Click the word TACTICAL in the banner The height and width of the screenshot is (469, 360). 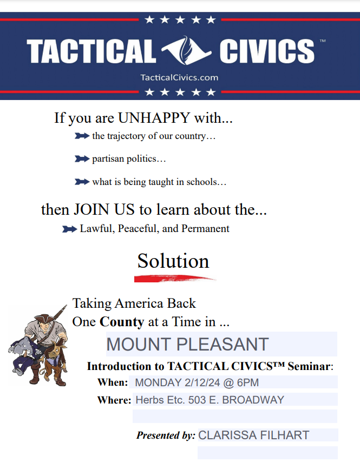[x=91, y=51]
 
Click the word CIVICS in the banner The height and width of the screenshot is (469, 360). [x=267, y=51]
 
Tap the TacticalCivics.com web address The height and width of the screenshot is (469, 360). [x=180, y=78]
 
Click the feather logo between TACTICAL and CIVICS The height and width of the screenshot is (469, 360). [x=186, y=50]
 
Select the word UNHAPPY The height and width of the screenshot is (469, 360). [x=154, y=118]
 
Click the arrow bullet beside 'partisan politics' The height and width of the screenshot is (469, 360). [x=82, y=158]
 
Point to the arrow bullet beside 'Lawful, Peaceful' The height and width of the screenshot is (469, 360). [x=70, y=229]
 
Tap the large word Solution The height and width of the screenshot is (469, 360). [x=173, y=261]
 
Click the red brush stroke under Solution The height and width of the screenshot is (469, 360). [x=175, y=279]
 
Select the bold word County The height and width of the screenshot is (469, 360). [x=122, y=322]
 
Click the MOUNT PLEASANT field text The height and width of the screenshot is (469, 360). [x=188, y=344]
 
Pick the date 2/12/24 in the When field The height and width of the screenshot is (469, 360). [x=202, y=382]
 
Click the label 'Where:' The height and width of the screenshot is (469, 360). [x=114, y=400]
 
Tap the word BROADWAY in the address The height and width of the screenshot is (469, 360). [x=253, y=400]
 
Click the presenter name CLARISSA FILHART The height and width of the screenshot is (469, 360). [x=254, y=435]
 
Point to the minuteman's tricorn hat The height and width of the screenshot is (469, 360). [x=45, y=319]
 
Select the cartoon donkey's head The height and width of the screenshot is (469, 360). [x=54, y=351]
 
